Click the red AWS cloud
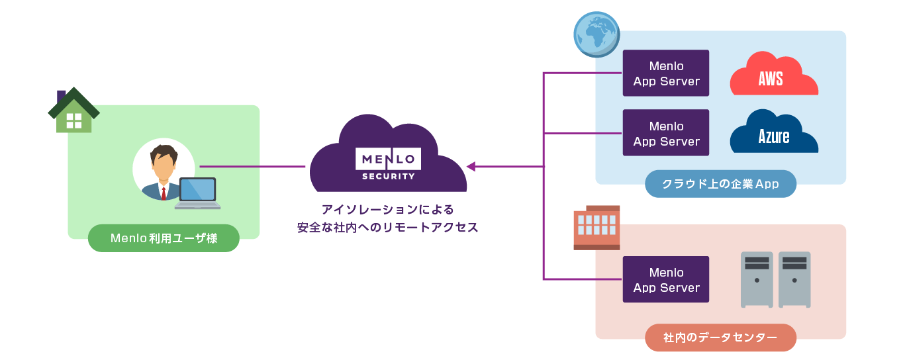[773, 75]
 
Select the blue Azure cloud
[773, 134]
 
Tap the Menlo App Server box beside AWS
[666, 73]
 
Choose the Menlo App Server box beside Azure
[666, 133]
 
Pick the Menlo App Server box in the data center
[666, 279]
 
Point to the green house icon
[73, 112]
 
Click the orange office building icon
[596, 228]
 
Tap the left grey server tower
[757, 279]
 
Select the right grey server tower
[794, 279]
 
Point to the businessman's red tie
[164, 193]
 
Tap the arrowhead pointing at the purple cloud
[471, 166]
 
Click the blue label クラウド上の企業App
[720, 184]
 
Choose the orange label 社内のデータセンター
[720, 338]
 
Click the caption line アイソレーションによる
[388, 210]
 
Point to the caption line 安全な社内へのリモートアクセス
[388, 228]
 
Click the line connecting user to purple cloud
[252, 166]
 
